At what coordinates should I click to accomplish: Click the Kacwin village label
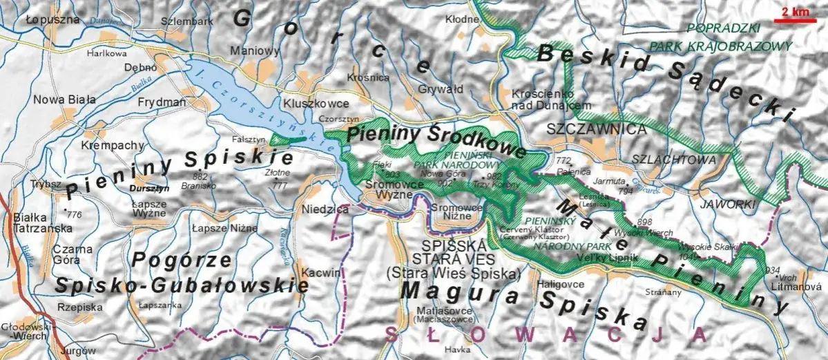tap(320, 273)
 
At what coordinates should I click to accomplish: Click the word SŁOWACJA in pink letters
tap(546, 334)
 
